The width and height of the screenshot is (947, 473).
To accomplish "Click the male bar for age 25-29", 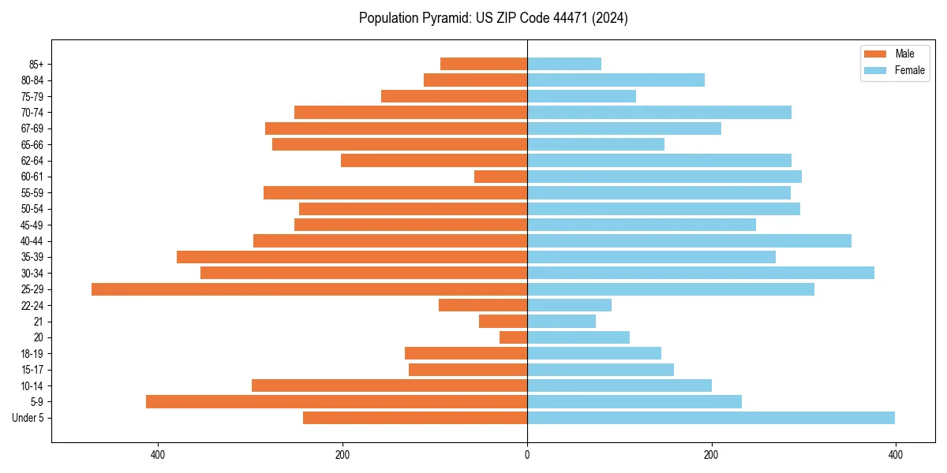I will click(309, 289).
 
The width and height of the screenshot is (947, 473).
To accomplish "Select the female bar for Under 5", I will click(710, 418).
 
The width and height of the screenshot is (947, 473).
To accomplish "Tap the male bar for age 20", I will click(513, 337).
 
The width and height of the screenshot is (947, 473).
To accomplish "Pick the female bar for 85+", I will click(563, 64).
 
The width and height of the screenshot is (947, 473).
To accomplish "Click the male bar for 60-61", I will click(500, 177).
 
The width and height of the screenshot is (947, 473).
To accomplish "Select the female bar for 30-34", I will click(700, 273).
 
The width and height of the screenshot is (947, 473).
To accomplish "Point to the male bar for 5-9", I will click(336, 402).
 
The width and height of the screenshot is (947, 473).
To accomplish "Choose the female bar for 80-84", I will click(616, 80).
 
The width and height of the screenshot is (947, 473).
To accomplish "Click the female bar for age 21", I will click(561, 322).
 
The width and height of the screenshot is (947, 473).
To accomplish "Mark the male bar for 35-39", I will click(352, 257).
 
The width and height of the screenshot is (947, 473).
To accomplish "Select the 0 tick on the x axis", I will click(527, 455).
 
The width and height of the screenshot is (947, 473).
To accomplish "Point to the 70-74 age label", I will click(32, 113).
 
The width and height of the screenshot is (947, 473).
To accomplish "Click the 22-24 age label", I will click(32, 306).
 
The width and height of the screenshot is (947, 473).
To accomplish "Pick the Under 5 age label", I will click(28, 418).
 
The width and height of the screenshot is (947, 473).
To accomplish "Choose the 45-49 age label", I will click(32, 225).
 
